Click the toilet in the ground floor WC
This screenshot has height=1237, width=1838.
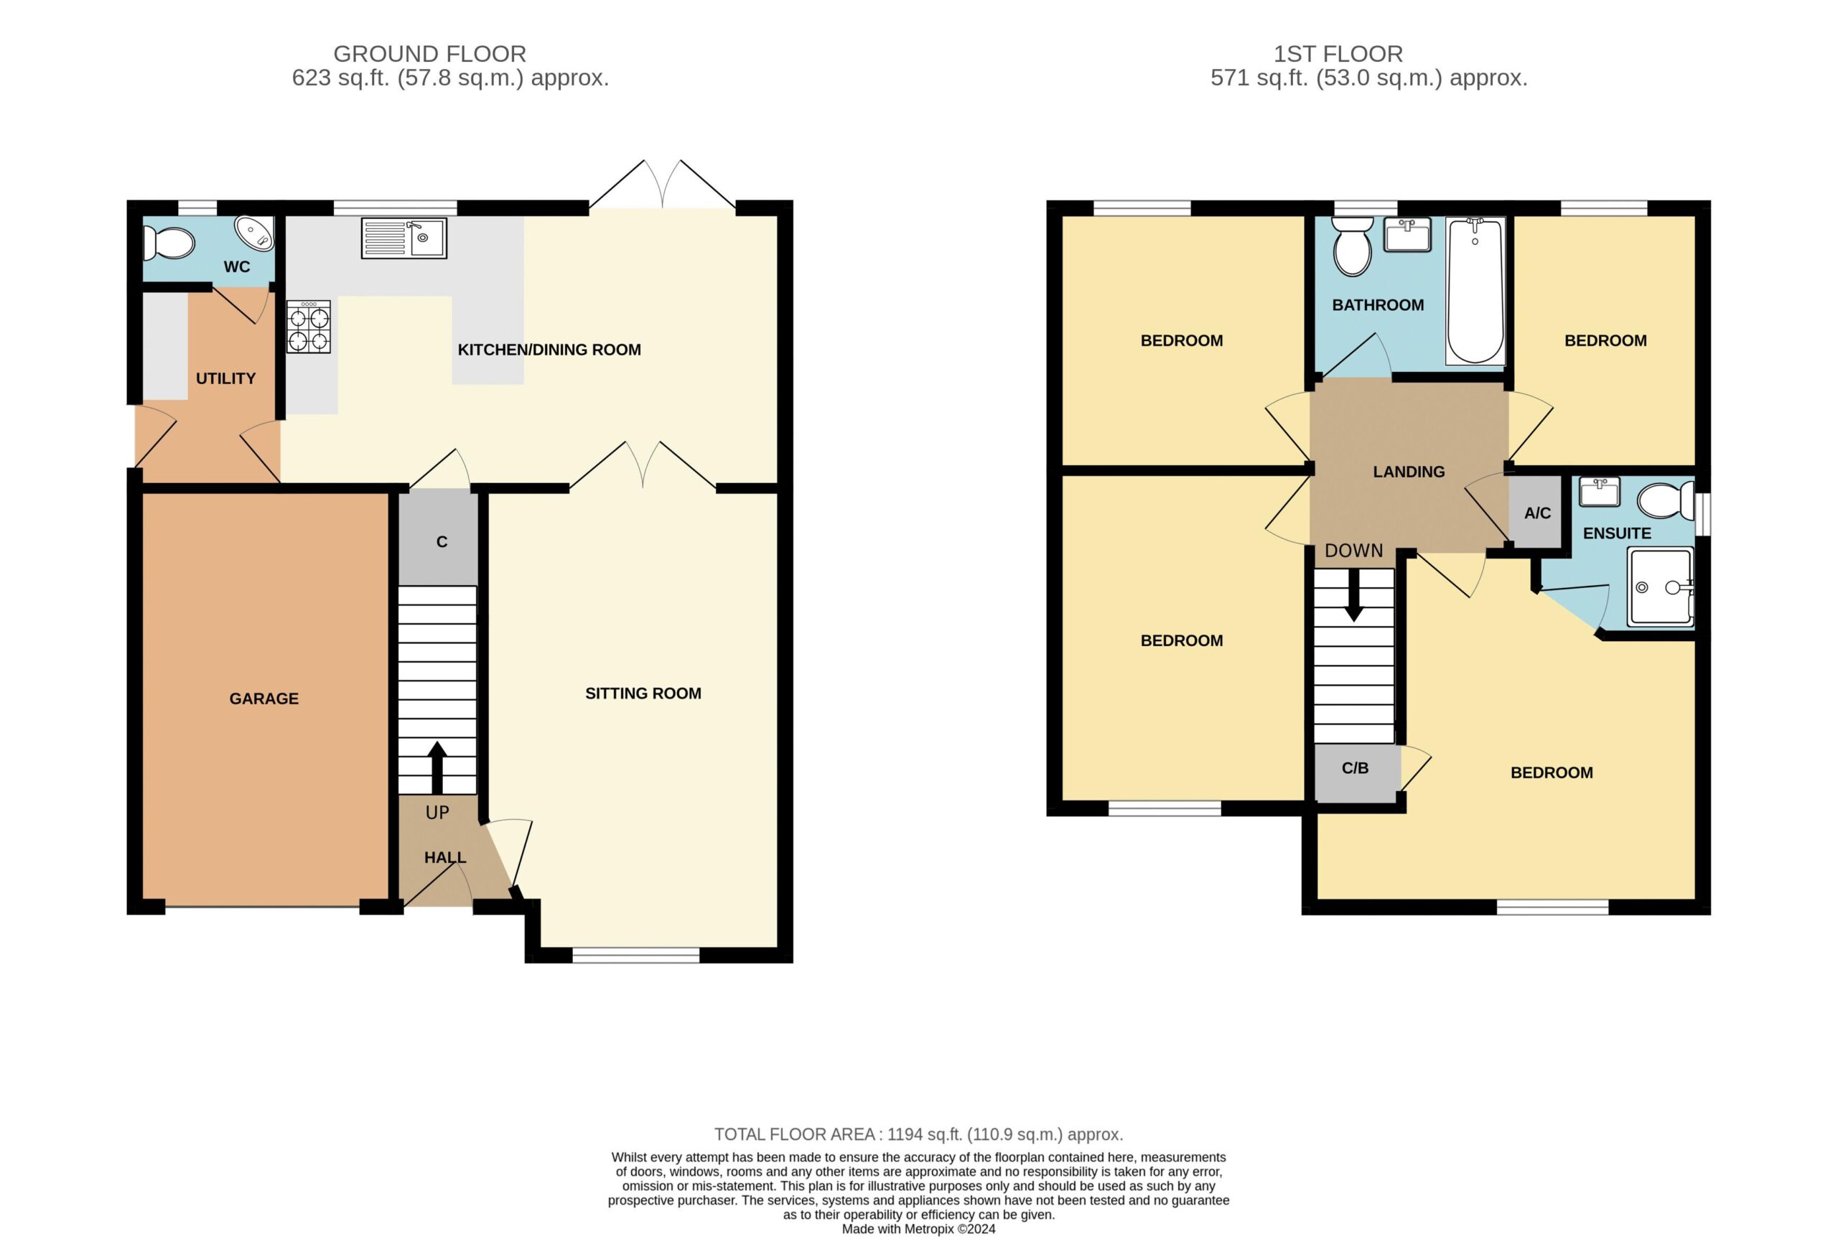[x=168, y=244]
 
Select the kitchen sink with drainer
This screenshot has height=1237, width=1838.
[x=404, y=238]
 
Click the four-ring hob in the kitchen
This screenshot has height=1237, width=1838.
[x=309, y=327]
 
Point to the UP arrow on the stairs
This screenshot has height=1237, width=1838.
[x=437, y=767]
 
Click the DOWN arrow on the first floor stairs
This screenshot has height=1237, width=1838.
[x=1353, y=595]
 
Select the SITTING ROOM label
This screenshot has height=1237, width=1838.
[x=643, y=694]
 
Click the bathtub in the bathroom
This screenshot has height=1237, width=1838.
[x=1475, y=291]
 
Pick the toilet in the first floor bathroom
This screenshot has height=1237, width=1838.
[x=1352, y=246]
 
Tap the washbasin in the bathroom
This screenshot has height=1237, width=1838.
[x=1408, y=234]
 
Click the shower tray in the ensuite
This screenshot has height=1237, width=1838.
[x=1661, y=588]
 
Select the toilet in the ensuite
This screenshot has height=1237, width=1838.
[x=1665, y=501]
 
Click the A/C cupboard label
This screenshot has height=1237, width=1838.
[x=1537, y=513]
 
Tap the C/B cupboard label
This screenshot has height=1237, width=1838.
[x=1356, y=767]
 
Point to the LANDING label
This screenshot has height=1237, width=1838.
[x=1409, y=472]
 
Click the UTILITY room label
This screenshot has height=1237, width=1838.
[x=225, y=378]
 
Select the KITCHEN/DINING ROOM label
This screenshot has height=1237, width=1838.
[x=549, y=350]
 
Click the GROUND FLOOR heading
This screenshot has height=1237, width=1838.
[x=430, y=54]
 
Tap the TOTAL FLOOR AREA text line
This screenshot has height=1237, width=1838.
[x=918, y=1134]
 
